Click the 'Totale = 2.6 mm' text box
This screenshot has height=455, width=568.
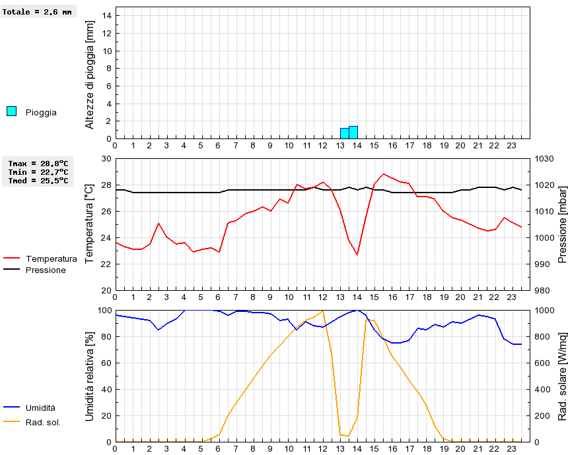pyautogui.click(x=38, y=12)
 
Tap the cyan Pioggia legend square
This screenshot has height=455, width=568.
pyautogui.click(x=11, y=111)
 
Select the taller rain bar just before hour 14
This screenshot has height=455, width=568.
pyautogui.click(x=353, y=133)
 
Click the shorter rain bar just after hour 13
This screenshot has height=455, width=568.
pyautogui.click(x=344, y=133)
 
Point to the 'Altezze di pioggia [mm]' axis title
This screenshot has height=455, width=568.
pyautogui.click(x=90, y=75)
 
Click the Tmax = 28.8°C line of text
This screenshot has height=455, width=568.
pyautogui.click(x=38, y=163)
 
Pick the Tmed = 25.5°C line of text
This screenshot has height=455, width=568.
pyautogui.click(x=38, y=180)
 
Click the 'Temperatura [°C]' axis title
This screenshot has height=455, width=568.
pyautogui.click(x=90, y=224)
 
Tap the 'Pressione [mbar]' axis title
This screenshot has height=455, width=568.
pyautogui.click(x=562, y=224)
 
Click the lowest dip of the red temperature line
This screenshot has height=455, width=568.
pyautogui.click(x=357, y=255)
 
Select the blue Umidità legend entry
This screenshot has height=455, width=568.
pyautogui.click(x=40, y=408)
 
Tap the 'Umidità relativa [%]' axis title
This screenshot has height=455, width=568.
pyautogui.click(x=90, y=376)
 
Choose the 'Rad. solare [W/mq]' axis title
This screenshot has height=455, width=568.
pyautogui.click(x=562, y=376)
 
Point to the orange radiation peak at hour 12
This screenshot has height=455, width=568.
pyautogui.click(x=322, y=311)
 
